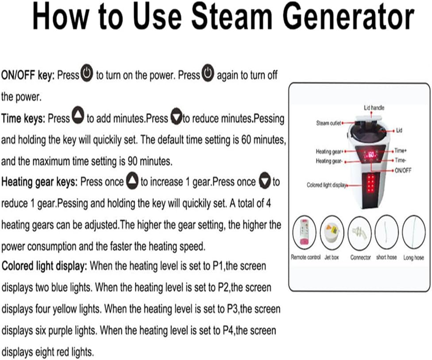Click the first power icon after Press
point(87,73)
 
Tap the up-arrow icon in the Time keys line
point(78,115)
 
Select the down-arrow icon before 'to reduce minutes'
point(176,117)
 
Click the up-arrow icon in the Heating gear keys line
point(132,181)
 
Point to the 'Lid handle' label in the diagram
point(374,108)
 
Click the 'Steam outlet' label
point(328,123)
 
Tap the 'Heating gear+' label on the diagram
point(329,151)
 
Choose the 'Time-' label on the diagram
point(400,160)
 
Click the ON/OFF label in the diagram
point(403,170)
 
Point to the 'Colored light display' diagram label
point(327,185)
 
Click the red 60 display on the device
point(371,155)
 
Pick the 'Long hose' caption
point(413,257)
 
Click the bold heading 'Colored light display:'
point(44,266)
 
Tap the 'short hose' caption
point(386,257)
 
